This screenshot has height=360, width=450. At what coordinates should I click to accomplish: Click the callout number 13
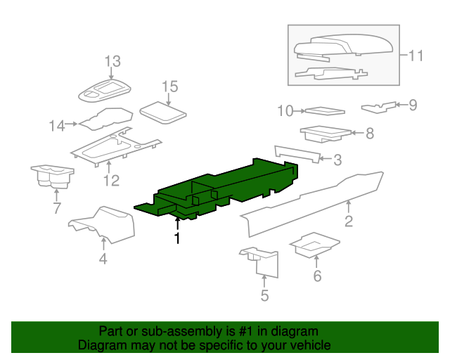(x=112, y=61)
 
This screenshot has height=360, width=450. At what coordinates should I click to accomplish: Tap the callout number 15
(x=170, y=86)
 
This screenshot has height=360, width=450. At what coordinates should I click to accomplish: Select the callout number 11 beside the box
(x=416, y=56)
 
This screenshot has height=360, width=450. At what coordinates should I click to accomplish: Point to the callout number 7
(x=57, y=208)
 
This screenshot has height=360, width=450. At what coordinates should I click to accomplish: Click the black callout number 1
(x=178, y=238)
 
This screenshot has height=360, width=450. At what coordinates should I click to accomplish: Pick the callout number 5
(x=264, y=295)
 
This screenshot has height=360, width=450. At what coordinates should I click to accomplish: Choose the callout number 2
(x=349, y=221)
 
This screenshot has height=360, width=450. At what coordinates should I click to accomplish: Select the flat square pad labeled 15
(x=163, y=112)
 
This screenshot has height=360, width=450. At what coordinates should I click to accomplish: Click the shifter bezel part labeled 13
(x=105, y=91)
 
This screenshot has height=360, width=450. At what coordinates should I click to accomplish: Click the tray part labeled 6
(x=315, y=245)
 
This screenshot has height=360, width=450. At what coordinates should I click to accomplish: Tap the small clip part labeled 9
(x=378, y=107)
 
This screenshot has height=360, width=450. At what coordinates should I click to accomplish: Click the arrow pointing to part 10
(x=299, y=111)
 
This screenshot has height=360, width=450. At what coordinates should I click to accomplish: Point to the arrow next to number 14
(x=71, y=124)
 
